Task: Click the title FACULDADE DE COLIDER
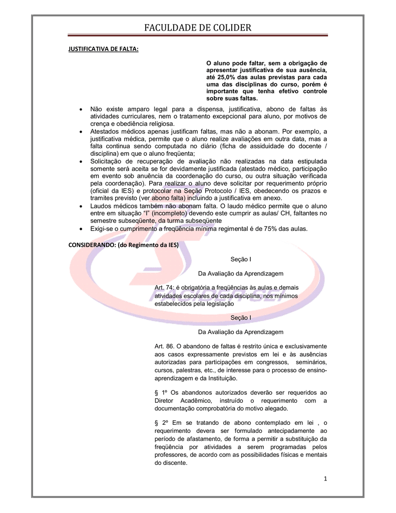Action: [x=198, y=27]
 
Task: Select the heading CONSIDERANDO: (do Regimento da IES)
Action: [x=123, y=244]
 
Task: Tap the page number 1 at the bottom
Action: [x=325, y=479]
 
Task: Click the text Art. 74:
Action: [x=165, y=288]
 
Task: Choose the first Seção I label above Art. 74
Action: [x=241, y=259]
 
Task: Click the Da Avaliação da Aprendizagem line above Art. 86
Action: [x=241, y=332]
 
